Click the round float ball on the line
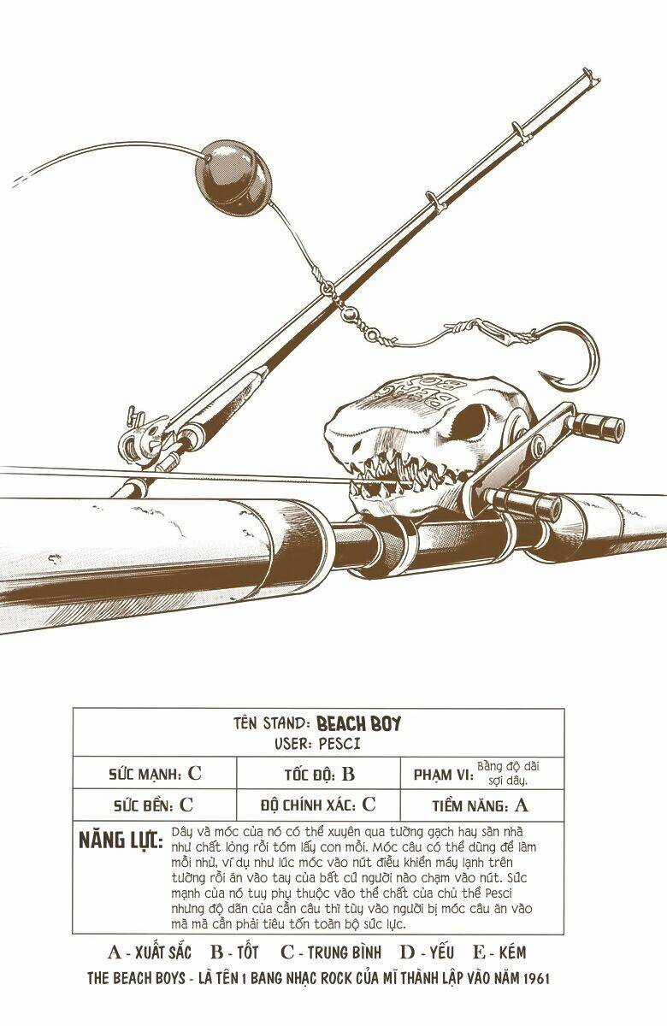click(233, 174)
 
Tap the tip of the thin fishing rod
click(587, 74)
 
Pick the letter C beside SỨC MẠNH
click(194, 775)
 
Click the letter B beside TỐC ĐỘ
click(347, 775)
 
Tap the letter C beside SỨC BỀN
click(186, 805)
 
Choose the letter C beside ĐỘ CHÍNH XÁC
click(369, 805)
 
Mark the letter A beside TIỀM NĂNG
click(522, 805)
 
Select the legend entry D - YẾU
click(428, 952)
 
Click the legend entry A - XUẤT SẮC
click(150, 952)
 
